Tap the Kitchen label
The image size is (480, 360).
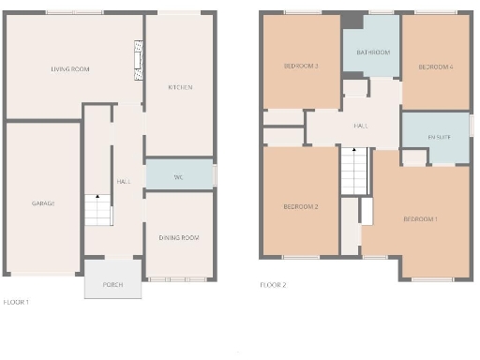point(180,87)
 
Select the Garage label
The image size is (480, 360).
point(43,202)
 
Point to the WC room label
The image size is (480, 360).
point(178,176)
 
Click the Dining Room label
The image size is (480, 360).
point(178,237)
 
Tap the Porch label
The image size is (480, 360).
point(112,284)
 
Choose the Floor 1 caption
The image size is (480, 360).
point(16,302)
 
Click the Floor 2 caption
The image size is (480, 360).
point(273,284)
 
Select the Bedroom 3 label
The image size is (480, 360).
point(302,67)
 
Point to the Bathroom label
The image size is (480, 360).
point(372,52)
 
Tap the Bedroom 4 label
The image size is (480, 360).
point(436,67)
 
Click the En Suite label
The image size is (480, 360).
point(439,137)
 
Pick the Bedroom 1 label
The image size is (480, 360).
point(420,218)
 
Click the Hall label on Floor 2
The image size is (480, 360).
point(360,125)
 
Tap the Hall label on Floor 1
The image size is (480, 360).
point(123,181)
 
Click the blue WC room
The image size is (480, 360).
point(179,174)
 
